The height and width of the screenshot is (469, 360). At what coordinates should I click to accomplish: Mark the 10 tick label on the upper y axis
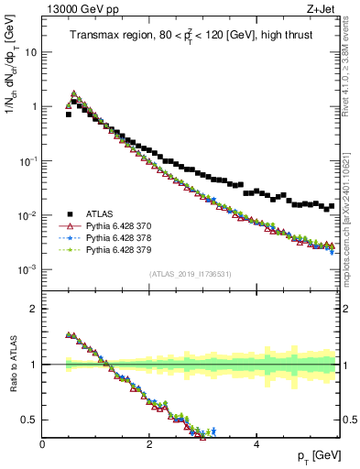[31, 52]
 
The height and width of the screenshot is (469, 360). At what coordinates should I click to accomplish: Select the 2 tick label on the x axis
[148, 442]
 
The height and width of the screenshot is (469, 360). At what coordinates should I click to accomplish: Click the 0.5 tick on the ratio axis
[30, 420]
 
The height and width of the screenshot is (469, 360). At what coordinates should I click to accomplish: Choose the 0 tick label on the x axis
[42, 442]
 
